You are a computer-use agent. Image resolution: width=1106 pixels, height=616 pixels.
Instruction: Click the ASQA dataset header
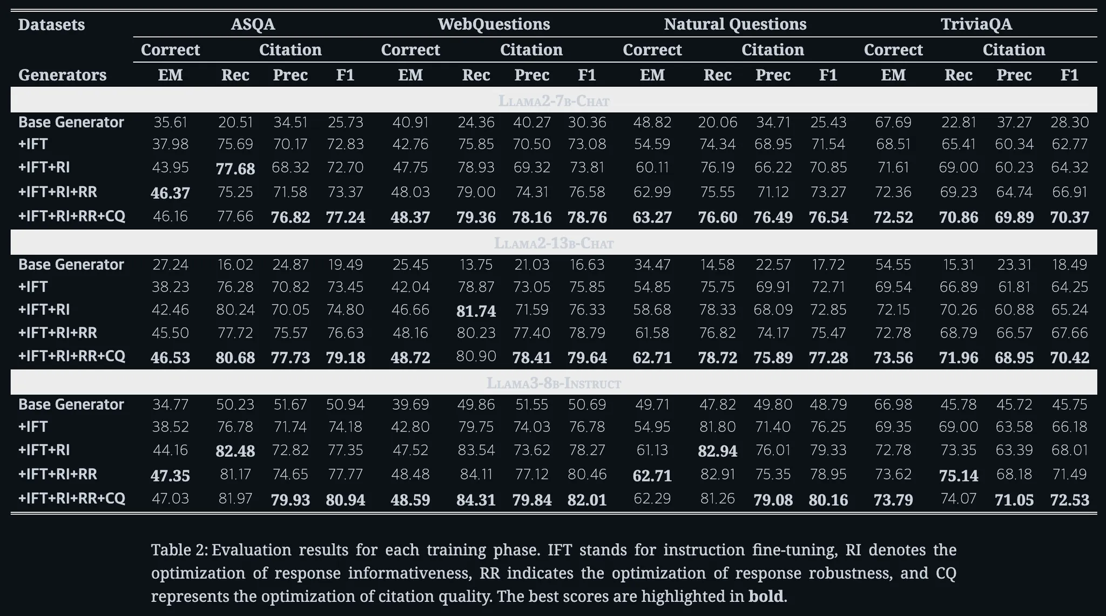(x=253, y=24)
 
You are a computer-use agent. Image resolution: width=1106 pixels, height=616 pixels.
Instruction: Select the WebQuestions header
(x=494, y=24)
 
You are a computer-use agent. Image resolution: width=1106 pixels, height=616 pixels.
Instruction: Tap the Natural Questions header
(x=735, y=24)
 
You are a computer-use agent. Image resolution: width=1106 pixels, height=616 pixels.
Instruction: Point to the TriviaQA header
(x=976, y=24)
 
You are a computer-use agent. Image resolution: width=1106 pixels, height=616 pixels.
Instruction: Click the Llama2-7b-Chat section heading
(x=554, y=101)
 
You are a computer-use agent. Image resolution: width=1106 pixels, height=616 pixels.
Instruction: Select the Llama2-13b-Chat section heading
(x=554, y=243)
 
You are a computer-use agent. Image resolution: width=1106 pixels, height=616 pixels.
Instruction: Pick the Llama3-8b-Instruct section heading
(x=554, y=383)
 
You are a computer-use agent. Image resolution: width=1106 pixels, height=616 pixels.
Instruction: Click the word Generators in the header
(x=62, y=75)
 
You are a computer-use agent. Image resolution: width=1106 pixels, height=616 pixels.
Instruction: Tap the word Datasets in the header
(x=51, y=24)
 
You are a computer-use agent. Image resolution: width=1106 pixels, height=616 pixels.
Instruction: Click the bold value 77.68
(x=235, y=168)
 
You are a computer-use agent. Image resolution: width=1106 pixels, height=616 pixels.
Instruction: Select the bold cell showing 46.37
(x=170, y=193)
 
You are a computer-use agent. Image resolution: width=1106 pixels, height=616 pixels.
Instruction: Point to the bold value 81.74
(x=476, y=311)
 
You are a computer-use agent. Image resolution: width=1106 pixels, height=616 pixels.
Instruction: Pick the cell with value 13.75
(x=476, y=265)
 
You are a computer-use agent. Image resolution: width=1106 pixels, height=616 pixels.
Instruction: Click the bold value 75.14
(x=958, y=476)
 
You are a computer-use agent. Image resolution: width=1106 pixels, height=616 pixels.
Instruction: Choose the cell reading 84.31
(x=476, y=500)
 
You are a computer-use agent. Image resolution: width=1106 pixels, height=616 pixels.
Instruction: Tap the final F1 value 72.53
(x=1069, y=500)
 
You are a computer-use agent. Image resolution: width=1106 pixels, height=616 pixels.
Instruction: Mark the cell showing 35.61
(x=170, y=122)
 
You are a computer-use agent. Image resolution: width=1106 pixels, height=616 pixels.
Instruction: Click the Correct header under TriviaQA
(x=893, y=50)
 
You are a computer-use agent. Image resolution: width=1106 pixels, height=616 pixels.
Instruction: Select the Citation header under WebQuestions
(x=531, y=50)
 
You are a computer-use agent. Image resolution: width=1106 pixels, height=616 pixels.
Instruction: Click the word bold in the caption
(x=765, y=596)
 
